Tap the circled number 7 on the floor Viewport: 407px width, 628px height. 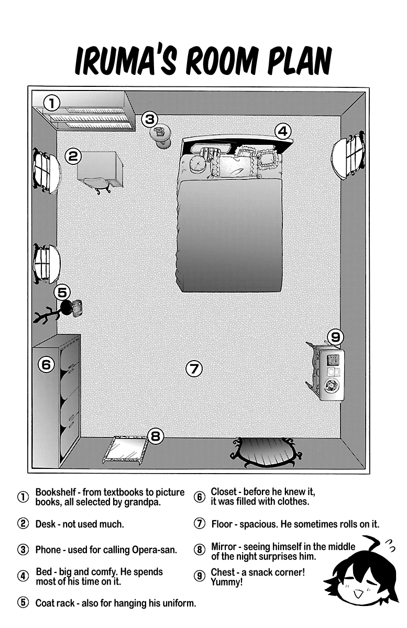click(194, 368)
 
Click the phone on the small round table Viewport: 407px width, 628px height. click(160, 133)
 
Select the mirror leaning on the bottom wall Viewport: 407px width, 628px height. click(124, 449)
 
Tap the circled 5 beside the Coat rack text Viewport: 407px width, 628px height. click(23, 603)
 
